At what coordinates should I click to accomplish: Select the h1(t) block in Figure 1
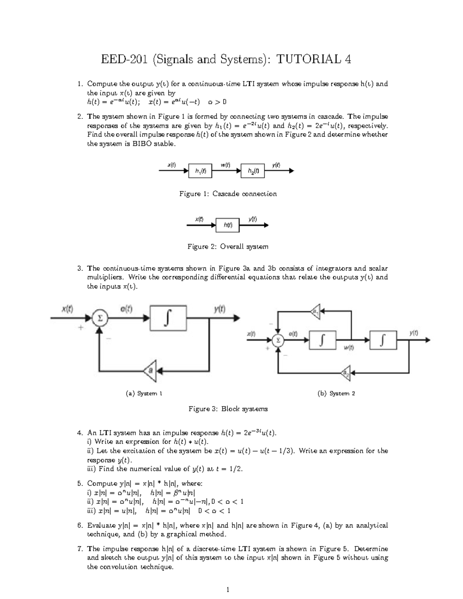200,170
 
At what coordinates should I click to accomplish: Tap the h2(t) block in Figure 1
253,170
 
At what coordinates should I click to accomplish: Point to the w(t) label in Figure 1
225,165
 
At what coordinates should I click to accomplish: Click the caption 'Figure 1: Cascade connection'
228,194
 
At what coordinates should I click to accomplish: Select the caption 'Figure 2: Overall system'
228,246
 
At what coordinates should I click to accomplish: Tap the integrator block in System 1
168,318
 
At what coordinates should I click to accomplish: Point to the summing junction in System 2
278,340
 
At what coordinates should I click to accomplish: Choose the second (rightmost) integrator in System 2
383,340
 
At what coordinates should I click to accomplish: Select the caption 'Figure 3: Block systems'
228,409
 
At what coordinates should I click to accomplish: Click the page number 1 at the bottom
228,589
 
